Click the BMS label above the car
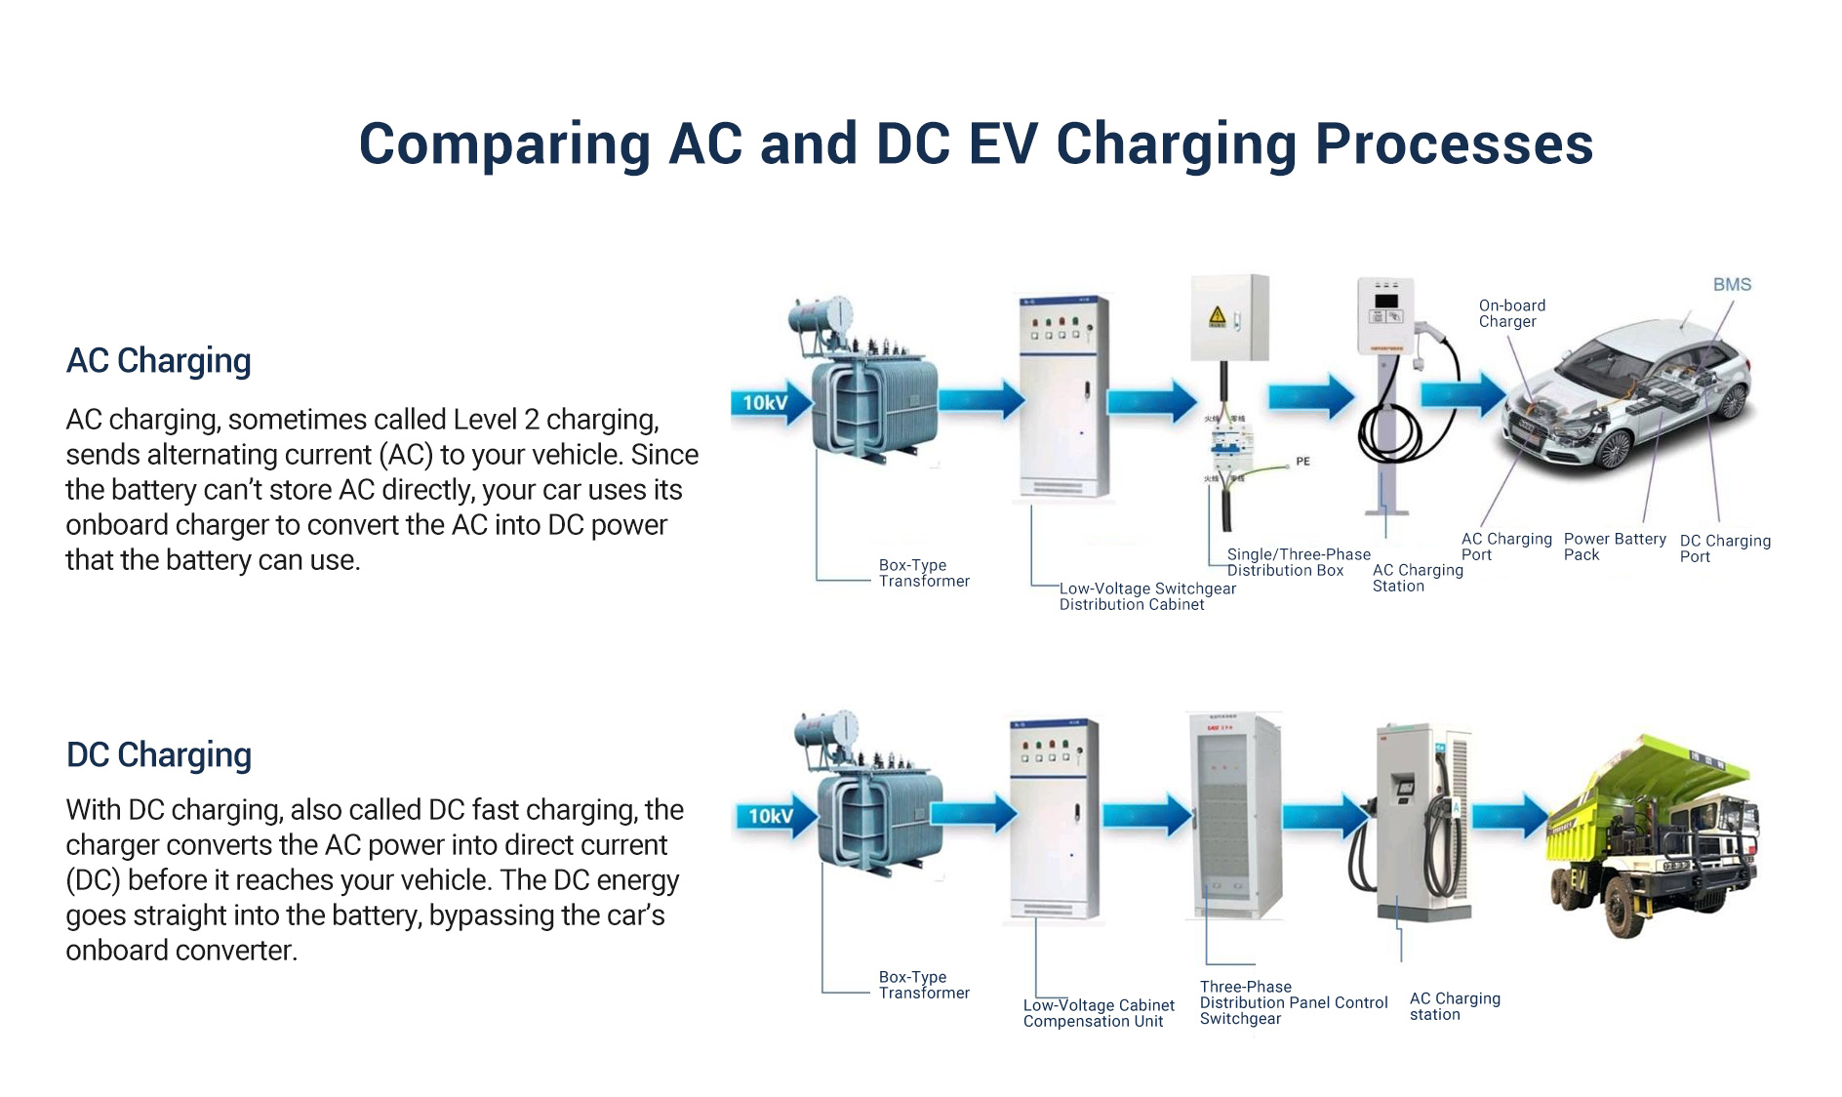coord(1732,285)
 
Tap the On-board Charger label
coord(1511,313)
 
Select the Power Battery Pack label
coord(1614,547)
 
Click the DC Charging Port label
coord(1724,548)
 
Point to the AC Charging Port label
coord(1505,547)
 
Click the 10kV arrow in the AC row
coord(769,403)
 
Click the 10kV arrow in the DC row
coord(774,816)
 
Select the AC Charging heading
coord(158,361)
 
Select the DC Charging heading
coord(158,755)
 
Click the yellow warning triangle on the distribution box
coord(1217,316)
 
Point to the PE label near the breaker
coord(1302,462)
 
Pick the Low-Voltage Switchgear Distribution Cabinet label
coord(1146,596)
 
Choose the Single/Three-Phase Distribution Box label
coord(1298,562)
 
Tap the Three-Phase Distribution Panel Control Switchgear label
coord(1293,1002)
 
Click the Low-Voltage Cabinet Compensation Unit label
coord(1098,1013)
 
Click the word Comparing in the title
coord(504,144)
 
